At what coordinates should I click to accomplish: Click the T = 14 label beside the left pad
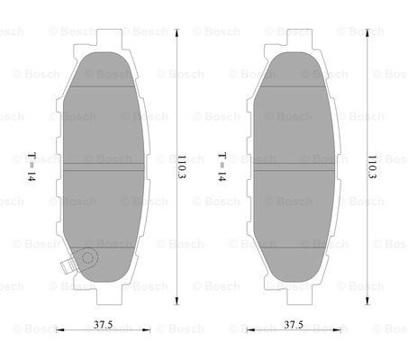(32, 166)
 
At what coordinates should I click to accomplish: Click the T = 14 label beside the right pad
(222, 166)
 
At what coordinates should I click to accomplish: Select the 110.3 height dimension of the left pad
(181, 166)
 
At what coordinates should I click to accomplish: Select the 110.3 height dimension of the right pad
(372, 166)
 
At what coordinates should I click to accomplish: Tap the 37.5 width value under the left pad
(103, 324)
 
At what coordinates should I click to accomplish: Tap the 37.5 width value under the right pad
(294, 324)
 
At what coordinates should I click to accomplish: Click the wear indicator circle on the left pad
(87, 257)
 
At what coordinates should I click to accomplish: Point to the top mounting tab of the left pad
(109, 37)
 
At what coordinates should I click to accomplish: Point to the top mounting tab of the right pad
(300, 37)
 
